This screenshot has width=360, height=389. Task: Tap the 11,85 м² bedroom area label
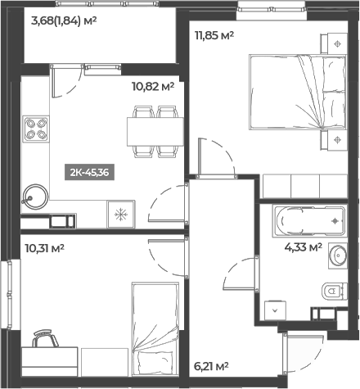pos(214,35)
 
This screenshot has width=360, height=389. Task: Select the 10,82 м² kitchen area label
pos(152,84)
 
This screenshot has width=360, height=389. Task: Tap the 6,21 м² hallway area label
pos(211,367)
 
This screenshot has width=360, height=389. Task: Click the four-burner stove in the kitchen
pos(36,129)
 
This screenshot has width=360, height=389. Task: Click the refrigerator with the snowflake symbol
pos(121,215)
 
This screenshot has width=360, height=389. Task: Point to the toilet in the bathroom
pos(332,290)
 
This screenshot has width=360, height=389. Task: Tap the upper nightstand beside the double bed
pos(338,43)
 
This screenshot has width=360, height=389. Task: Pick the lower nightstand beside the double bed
pos(338,140)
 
